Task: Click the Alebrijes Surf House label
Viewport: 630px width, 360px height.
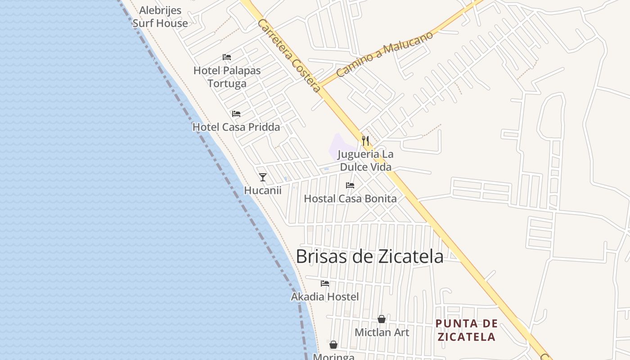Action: [160, 17]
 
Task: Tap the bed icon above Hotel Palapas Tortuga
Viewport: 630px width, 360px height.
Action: [227, 57]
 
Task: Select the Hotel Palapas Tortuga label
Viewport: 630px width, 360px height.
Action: [227, 77]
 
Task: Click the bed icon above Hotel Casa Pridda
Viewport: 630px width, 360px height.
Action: [236, 114]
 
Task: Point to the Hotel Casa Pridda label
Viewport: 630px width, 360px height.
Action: [236, 127]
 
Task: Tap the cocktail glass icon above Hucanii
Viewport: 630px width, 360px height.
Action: [263, 177]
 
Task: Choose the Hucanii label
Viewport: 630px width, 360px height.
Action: [263, 190]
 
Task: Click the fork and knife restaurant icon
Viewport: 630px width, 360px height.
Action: [365, 141]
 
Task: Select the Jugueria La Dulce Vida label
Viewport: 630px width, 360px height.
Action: [365, 161]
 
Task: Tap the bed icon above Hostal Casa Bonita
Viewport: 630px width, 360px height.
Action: [350, 185]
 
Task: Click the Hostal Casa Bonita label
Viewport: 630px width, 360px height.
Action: [350, 198]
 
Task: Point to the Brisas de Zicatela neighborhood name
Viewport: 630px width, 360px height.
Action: [369, 256]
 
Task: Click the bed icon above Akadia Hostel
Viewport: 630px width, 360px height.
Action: [325, 283]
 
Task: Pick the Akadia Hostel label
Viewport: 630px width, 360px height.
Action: [325, 297]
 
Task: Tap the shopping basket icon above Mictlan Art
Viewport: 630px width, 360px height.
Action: [382, 319]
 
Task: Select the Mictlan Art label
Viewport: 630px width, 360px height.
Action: [382, 333]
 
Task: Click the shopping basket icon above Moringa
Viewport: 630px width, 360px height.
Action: [333, 345]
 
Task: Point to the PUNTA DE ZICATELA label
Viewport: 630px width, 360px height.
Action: [467, 330]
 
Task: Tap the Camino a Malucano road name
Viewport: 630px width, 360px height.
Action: [384, 54]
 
